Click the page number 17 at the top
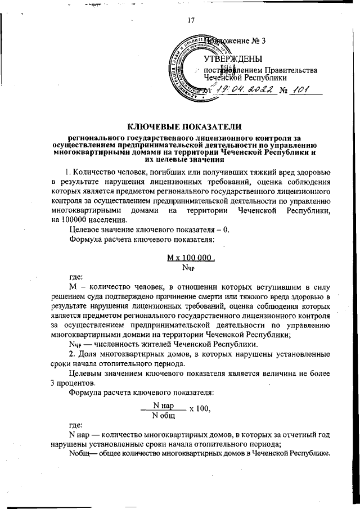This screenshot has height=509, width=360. pyautogui.click(x=191, y=21)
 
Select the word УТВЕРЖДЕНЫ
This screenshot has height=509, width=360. pyautogui.click(x=232, y=58)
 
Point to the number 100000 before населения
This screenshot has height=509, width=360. pyautogui.click(x=89, y=220)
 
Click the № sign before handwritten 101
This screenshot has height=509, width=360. pyautogui.click(x=284, y=91)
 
